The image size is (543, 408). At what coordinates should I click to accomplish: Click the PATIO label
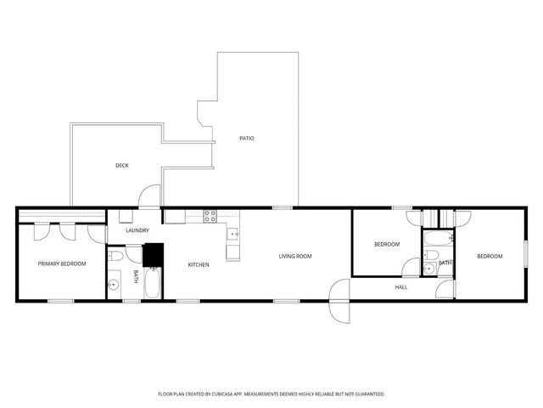click(x=246, y=138)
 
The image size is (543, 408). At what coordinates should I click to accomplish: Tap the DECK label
click(x=122, y=165)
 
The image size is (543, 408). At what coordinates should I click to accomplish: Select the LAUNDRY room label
click(x=137, y=230)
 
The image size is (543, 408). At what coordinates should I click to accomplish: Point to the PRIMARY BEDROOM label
click(x=62, y=263)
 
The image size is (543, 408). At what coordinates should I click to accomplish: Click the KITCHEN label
click(x=199, y=264)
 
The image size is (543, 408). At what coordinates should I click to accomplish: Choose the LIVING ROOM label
click(x=296, y=256)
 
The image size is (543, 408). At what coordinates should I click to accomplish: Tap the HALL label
click(x=401, y=287)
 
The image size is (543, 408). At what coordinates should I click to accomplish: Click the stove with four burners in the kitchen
click(x=210, y=216)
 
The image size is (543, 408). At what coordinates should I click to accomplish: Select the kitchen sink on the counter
click(x=232, y=232)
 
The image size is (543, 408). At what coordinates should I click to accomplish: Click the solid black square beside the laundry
click(x=153, y=254)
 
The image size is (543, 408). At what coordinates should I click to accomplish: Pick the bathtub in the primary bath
click(x=153, y=283)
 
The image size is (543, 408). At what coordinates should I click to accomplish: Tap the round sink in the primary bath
click(x=114, y=286)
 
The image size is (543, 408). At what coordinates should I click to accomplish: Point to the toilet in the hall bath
click(x=430, y=255)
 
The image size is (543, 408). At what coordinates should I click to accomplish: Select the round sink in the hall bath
click(x=428, y=269)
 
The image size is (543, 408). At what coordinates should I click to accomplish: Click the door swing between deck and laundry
click(x=149, y=196)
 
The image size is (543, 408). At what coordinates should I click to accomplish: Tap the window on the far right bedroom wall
click(x=526, y=255)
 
